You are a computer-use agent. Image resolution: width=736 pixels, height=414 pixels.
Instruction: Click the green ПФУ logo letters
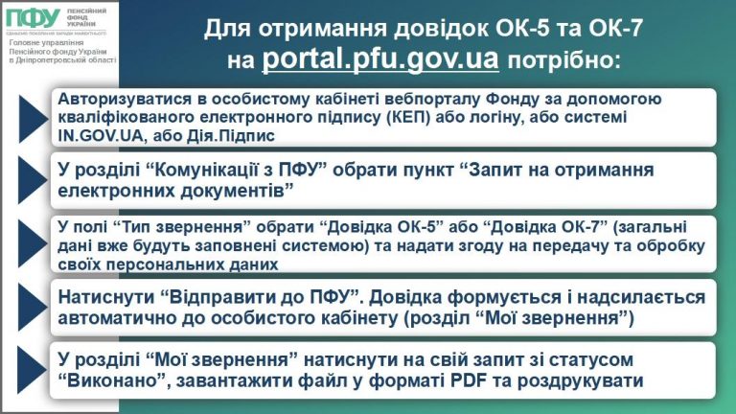pos(31,21)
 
